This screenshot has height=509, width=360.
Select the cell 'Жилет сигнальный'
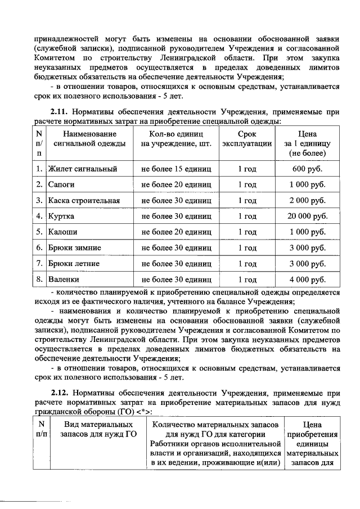(82, 169)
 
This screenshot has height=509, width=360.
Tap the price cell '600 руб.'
(307, 169)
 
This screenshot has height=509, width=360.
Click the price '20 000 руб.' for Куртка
(307, 216)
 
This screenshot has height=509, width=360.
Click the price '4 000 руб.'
(307, 279)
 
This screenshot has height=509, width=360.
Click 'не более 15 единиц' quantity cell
(176, 169)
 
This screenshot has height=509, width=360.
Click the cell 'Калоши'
(63, 232)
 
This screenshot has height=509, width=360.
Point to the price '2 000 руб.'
(307, 200)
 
